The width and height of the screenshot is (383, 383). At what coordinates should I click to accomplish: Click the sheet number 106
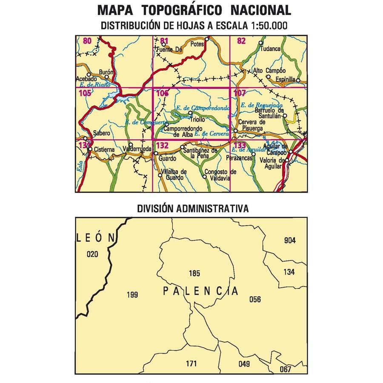coord(162,93)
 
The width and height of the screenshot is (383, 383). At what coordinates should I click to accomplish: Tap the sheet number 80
coord(87,41)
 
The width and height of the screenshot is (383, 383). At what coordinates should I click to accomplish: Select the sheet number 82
coord(241,41)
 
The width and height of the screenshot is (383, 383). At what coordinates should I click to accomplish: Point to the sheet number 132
coord(162,146)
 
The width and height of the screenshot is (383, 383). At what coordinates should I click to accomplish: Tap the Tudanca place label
coord(271,49)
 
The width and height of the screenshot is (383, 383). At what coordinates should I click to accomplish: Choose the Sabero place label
coord(102,133)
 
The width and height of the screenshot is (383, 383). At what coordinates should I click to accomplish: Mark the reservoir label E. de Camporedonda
coord(202,108)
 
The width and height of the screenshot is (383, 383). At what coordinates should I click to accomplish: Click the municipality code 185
coord(194,273)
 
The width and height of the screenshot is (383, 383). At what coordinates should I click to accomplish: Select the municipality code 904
coord(289,240)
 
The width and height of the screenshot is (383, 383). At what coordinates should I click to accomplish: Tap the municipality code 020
coord(92,254)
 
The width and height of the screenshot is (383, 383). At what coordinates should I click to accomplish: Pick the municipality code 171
coord(191,363)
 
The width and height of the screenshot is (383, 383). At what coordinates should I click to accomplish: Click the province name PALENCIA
coord(200,292)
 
